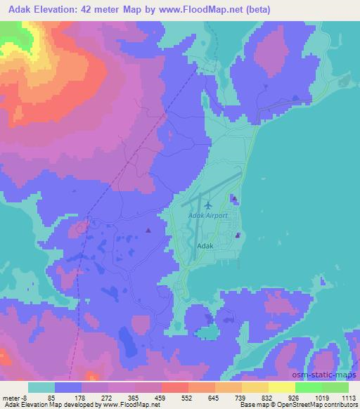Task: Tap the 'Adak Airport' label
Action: click(207, 216)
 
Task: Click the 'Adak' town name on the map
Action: click(205, 246)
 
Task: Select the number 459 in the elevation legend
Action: click(160, 398)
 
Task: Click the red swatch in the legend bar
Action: click(174, 387)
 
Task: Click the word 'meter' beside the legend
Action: click(13, 398)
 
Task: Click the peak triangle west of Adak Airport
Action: click(148, 230)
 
